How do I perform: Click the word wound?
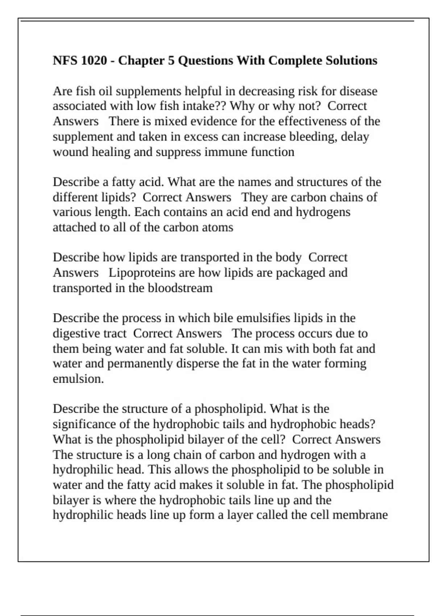pyautogui.click(x=71, y=152)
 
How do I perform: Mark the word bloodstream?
pyautogui.click(x=180, y=288)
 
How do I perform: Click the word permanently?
pyautogui.click(x=140, y=363)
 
